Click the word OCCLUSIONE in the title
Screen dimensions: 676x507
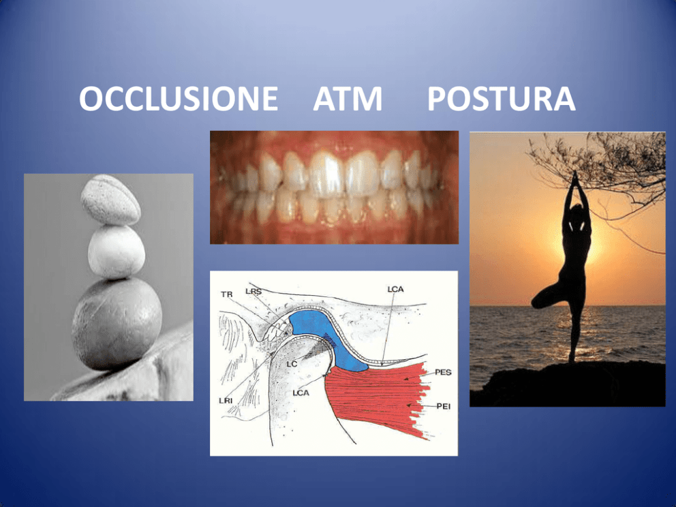pyautogui.click(x=178, y=99)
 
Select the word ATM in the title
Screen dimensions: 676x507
pyautogui.click(x=348, y=99)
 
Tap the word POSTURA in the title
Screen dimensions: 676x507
pyautogui.click(x=501, y=99)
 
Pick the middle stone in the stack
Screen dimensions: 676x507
pyautogui.click(x=117, y=251)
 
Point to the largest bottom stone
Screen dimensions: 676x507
pyautogui.click(x=117, y=324)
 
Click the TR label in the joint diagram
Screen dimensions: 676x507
pyautogui.click(x=227, y=294)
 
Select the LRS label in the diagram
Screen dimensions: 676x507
pyautogui.click(x=253, y=292)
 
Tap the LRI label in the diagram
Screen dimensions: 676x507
pyautogui.click(x=226, y=401)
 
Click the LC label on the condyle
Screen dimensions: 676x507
pyautogui.click(x=292, y=365)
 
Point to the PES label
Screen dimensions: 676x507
pyautogui.click(x=443, y=372)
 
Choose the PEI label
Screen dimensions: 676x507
pyautogui.click(x=443, y=406)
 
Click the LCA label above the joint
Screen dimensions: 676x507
pyautogui.click(x=395, y=289)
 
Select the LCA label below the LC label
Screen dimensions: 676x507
pyautogui.click(x=301, y=393)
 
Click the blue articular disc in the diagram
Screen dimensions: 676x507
pyautogui.click(x=328, y=336)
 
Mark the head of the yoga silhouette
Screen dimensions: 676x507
pyautogui.click(x=576, y=211)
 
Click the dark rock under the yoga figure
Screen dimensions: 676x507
pyautogui.click(x=568, y=384)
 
